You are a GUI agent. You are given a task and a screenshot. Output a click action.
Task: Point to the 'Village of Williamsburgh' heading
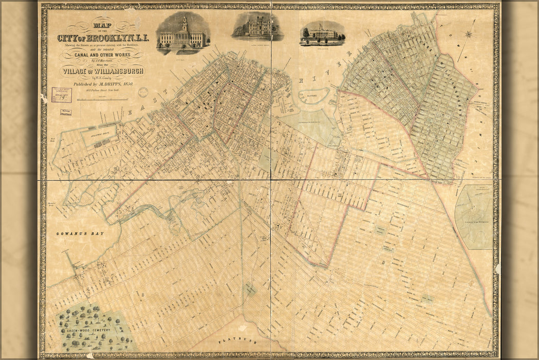102,71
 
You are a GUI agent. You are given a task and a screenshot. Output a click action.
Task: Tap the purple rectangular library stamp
62,95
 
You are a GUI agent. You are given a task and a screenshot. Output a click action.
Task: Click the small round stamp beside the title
143,92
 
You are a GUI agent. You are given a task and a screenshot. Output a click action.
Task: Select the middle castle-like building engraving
257,27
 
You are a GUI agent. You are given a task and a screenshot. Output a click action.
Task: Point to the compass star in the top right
469,35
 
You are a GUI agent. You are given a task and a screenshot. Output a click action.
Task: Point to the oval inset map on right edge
474,216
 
